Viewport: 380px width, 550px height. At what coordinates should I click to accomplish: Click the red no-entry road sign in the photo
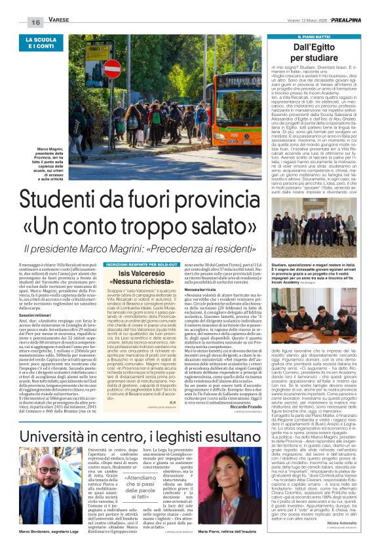[x=112, y=69]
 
